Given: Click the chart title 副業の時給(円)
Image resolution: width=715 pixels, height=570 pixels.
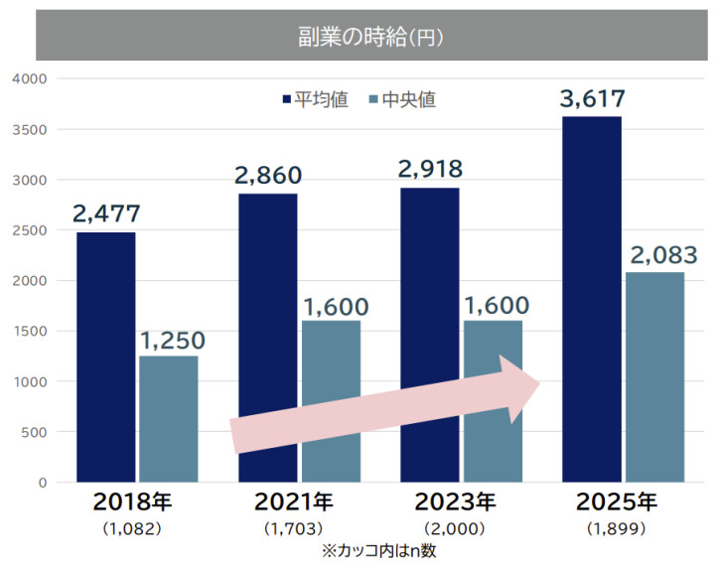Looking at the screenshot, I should pyautogui.click(x=369, y=38).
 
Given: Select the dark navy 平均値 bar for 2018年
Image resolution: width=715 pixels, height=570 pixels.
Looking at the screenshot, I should pyautogui.click(x=105, y=357).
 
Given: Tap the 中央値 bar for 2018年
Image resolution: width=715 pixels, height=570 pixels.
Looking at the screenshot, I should pyautogui.click(x=169, y=419).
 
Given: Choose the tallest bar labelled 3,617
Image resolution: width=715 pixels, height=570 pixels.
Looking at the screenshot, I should pyautogui.click(x=592, y=298).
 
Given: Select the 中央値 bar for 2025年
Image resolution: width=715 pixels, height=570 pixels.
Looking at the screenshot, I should pyautogui.click(x=655, y=377).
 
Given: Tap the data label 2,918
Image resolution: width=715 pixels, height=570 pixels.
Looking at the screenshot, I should pyautogui.click(x=430, y=169).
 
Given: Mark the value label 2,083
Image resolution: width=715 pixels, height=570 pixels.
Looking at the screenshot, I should pyautogui.click(x=655, y=254).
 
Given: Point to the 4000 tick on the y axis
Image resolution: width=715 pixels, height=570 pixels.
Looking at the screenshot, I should pyautogui.click(x=30, y=78).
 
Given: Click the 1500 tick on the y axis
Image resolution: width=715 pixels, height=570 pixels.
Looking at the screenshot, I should pyautogui.click(x=30, y=331).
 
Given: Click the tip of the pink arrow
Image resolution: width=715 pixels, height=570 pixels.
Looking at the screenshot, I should pyautogui.click(x=539, y=382).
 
